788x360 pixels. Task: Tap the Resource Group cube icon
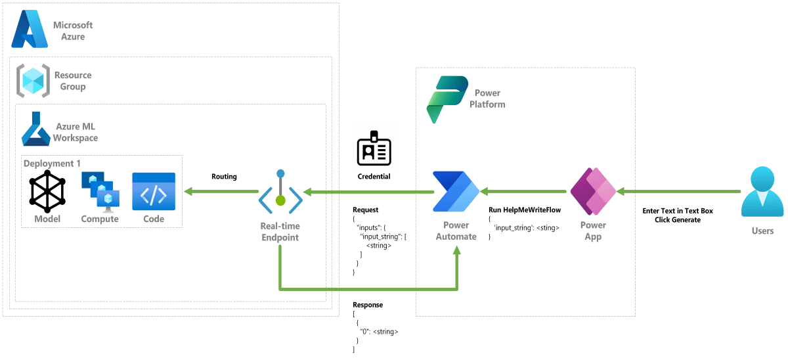tap(31, 81)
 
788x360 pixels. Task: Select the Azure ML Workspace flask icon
tap(36, 128)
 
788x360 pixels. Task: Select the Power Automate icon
tap(456, 192)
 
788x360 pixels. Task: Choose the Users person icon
tap(762, 192)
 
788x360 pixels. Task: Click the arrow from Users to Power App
tap(679, 192)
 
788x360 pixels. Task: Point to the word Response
tap(368, 305)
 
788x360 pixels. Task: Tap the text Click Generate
tap(677, 219)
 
